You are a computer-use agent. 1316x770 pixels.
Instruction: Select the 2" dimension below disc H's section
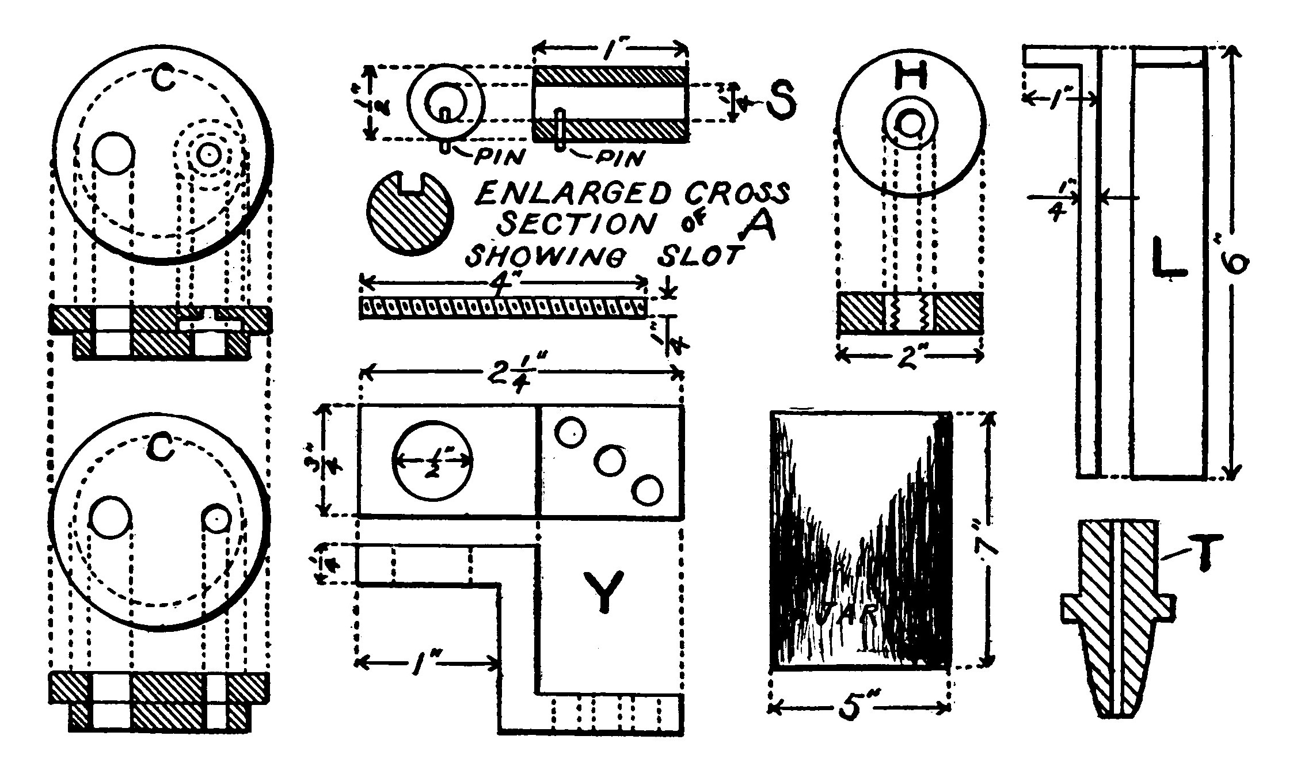(x=910, y=357)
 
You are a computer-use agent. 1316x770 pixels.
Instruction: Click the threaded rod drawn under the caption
(x=502, y=307)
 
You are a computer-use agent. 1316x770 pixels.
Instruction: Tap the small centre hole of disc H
(x=911, y=123)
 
